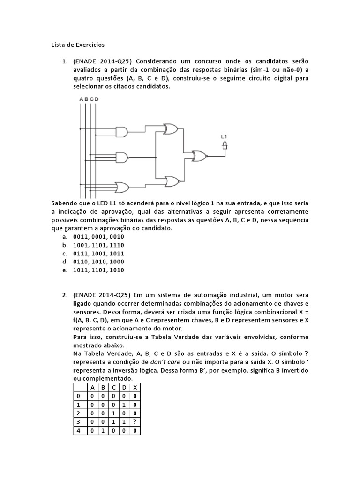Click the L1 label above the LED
(x=224, y=137)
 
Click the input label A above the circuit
(x=81, y=99)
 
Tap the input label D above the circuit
(x=97, y=99)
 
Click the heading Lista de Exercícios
(x=78, y=45)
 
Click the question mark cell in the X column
(x=135, y=421)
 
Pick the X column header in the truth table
(x=135, y=387)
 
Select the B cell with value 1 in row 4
(x=103, y=430)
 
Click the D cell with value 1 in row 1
(x=124, y=405)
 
